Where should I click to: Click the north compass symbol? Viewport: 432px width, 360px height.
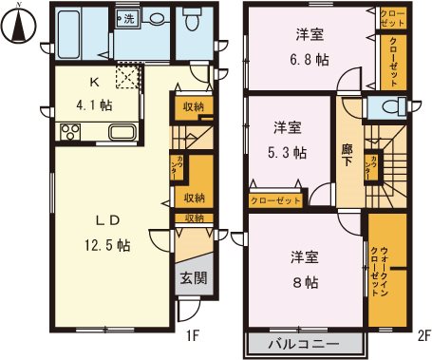point(16,23)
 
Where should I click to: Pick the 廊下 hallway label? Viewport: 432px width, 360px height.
point(348,156)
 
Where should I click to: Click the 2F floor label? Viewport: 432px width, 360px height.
point(421,334)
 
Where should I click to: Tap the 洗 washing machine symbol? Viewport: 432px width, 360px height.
point(127,18)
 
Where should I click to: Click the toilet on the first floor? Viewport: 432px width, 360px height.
point(194,20)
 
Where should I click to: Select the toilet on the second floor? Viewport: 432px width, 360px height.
point(392,106)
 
